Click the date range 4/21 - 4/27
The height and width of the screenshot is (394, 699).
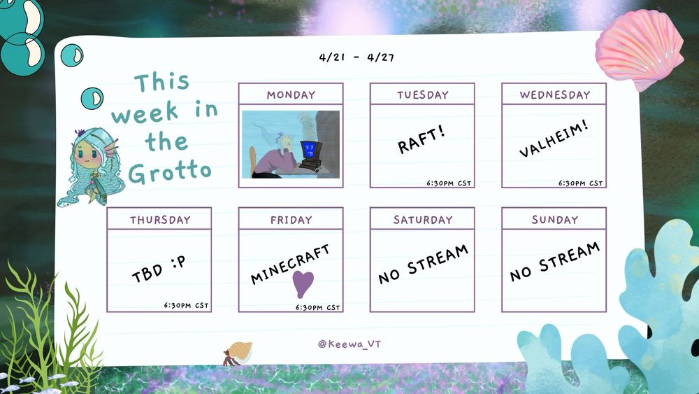pyautogui.click(x=356, y=57)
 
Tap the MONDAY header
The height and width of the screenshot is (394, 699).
pyautogui.click(x=291, y=94)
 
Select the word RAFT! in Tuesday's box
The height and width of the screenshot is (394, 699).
pyautogui.click(x=421, y=139)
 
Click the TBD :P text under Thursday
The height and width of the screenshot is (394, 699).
pyautogui.click(x=159, y=269)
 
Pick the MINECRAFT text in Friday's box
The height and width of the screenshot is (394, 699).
pyautogui.click(x=290, y=264)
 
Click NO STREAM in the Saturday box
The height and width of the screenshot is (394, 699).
pyautogui.click(x=423, y=264)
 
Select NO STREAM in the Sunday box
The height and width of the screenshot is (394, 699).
pyautogui.click(x=554, y=262)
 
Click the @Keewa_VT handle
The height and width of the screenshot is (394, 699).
pyautogui.click(x=349, y=344)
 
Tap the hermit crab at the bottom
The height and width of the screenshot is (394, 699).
pyautogui.click(x=238, y=353)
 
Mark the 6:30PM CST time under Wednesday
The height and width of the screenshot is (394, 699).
pyautogui.click(x=580, y=183)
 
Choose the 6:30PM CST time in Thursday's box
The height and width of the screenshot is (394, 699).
pyautogui.click(x=186, y=305)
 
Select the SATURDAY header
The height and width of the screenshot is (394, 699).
pyautogui.click(x=423, y=220)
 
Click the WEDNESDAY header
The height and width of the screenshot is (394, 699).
pyautogui.click(x=554, y=94)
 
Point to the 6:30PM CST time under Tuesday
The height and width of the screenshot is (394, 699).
pyautogui.click(x=449, y=183)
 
